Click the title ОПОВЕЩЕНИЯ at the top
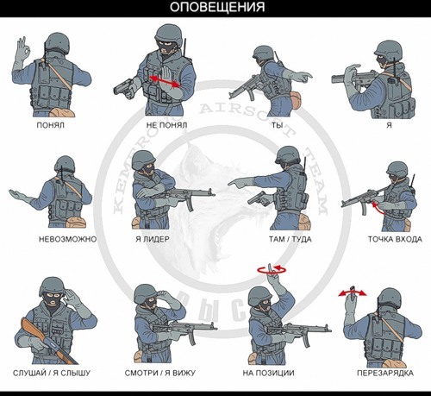(215, 9)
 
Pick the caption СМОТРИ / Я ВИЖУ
(167, 374)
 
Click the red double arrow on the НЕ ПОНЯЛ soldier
(166, 81)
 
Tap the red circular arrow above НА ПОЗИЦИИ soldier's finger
(274, 269)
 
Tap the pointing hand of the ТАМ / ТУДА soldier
(238, 182)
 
